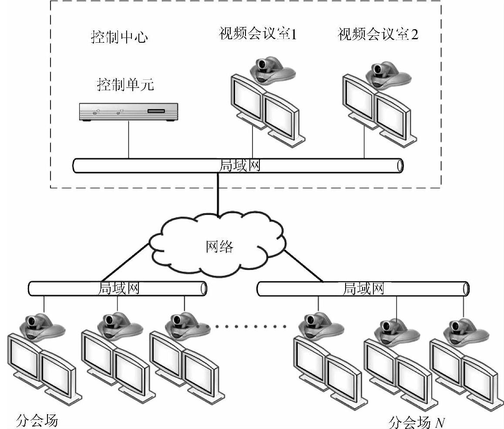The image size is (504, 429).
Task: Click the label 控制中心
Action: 119,37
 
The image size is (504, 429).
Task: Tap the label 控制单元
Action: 125,84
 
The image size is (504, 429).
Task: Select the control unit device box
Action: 128,112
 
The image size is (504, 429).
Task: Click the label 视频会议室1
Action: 258,35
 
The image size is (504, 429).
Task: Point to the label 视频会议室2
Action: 378,35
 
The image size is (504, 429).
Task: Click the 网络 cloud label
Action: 219,247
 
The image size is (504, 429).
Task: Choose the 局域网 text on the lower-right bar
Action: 363,288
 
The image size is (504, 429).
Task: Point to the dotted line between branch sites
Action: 242,326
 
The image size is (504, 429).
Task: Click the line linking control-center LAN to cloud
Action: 218,194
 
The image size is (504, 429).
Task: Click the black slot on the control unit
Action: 156,111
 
